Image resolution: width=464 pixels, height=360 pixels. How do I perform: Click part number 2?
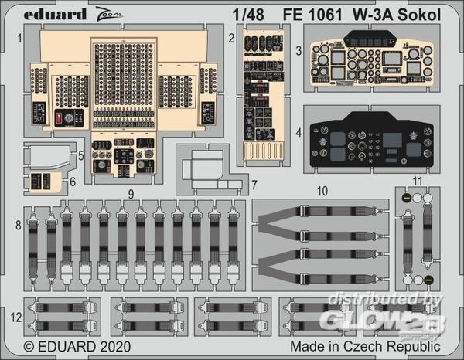(x=231, y=36)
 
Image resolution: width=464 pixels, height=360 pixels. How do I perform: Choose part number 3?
(x=299, y=51)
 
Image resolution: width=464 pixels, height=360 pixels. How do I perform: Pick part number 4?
(x=299, y=133)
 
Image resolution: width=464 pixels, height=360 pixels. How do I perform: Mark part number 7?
(x=254, y=184)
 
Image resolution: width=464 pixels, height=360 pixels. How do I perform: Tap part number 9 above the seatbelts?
(x=131, y=193)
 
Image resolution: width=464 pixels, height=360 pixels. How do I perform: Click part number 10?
(x=322, y=190)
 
